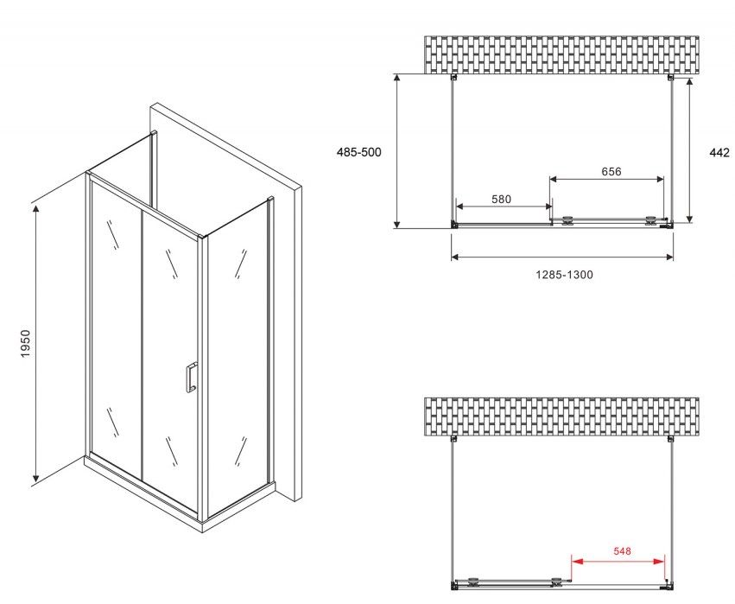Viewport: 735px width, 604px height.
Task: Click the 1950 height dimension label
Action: coord(26,344)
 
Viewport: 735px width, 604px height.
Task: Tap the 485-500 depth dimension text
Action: coord(359,152)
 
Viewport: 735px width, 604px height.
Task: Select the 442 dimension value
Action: coord(719,152)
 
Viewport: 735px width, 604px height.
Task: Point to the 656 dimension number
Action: coord(611,172)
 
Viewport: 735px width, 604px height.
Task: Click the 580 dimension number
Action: coord(501,199)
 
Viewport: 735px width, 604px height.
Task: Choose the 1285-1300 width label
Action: coord(564,275)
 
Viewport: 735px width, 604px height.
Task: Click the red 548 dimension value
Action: coord(622,551)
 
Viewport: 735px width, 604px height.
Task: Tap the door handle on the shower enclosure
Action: coord(191,377)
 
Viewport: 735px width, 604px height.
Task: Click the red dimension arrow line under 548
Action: coord(618,561)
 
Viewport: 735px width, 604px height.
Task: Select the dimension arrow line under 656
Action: coord(606,179)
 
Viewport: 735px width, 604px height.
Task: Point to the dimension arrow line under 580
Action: coord(504,206)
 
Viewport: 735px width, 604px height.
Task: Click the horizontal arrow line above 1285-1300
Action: coord(562,257)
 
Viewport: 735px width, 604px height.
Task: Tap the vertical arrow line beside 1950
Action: coord(35,343)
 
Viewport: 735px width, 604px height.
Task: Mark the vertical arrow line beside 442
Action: coord(689,150)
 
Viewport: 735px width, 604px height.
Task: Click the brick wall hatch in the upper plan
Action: coord(561,55)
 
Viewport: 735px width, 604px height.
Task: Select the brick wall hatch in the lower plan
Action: coord(561,416)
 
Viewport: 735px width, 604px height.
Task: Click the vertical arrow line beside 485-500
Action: coord(397,151)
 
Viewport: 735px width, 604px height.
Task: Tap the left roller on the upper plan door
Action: coord(568,220)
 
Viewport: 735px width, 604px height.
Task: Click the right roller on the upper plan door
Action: coord(650,220)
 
